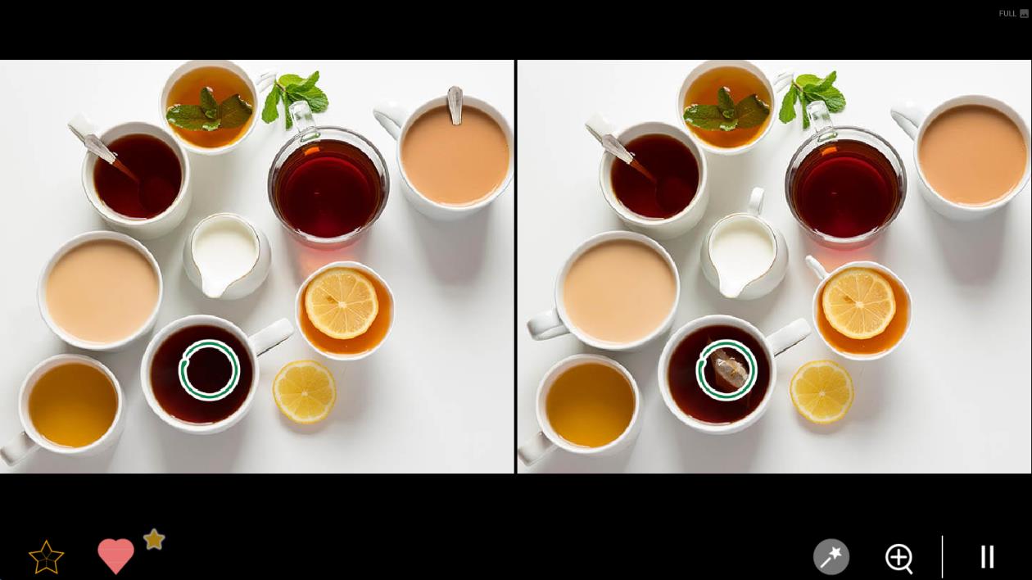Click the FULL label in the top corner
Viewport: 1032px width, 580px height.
coord(1007,13)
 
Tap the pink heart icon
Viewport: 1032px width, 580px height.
coord(115,556)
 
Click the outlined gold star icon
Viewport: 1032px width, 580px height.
coord(46,557)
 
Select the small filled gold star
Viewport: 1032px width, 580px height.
coord(154,539)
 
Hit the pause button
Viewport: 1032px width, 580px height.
coord(987,556)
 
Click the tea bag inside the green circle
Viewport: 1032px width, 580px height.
coord(729,369)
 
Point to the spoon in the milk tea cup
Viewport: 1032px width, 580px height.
coord(455,105)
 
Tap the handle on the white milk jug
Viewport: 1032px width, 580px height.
coord(755,202)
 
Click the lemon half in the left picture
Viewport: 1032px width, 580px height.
coord(304,392)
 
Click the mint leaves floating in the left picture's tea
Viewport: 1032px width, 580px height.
coord(210,111)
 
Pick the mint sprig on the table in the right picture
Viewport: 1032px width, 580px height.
coord(812,97)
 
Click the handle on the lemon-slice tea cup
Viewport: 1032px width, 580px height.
coord(816,267)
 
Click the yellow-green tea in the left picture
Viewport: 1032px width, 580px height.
coord(73,405)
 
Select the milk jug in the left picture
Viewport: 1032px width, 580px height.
coord(227,256)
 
